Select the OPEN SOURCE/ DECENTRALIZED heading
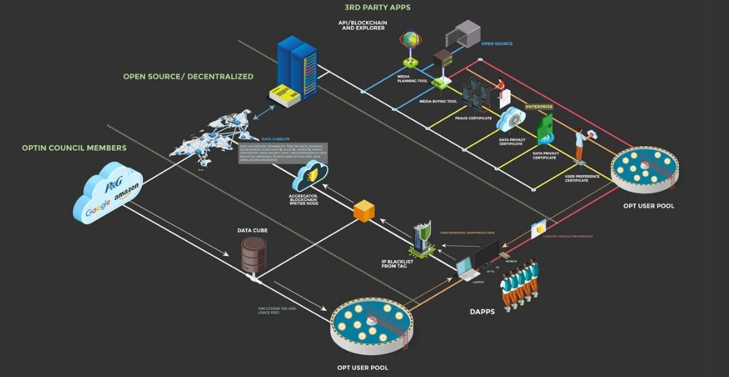(x=188, y=76)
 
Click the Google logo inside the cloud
(x=99, y=212)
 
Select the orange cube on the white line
(x=364, y=210)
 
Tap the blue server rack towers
(x=298, y=66)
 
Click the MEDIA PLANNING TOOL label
(x=412, y=78)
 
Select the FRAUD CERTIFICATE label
(x=473, y=118)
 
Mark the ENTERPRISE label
(x=539, y=106)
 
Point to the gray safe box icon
(x=461, y=34)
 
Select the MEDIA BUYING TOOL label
(x=438, y=102)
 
